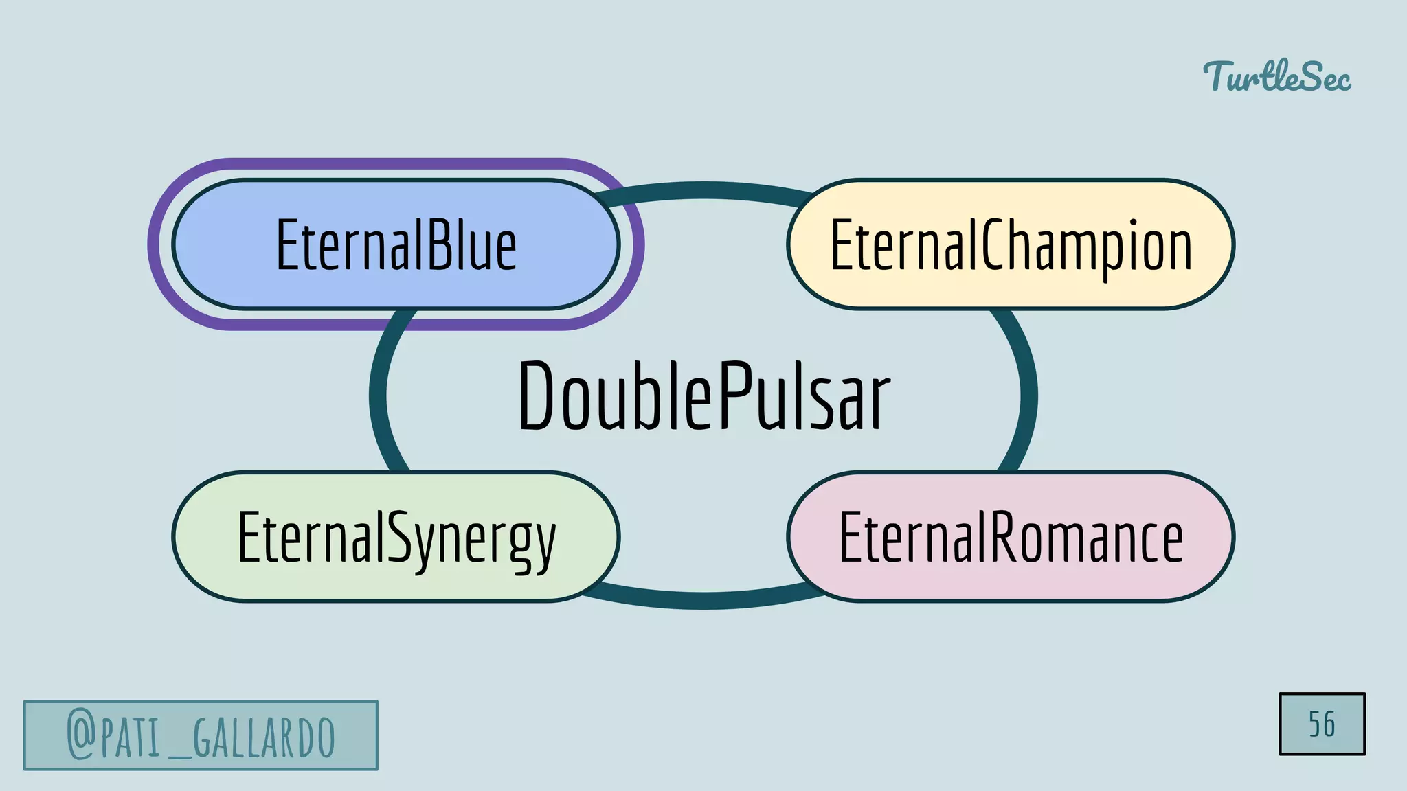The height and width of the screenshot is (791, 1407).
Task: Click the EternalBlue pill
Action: [x=396, y=244]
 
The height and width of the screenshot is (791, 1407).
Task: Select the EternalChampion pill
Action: [x=1011, y=244]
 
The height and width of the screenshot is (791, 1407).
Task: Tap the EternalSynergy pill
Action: [x=396, y=537]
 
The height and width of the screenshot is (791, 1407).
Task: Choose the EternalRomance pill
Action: [x=1011, y=537]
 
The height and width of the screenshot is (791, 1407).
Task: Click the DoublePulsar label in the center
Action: [x=703, y=396]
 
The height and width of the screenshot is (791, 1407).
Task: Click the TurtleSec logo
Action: [x=1276, y=76]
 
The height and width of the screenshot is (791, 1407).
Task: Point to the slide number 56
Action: [x=1322, y=724]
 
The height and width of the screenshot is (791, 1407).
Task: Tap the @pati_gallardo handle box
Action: [x=201, y=735]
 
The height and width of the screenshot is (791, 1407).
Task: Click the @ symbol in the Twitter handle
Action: [x=81, y=735]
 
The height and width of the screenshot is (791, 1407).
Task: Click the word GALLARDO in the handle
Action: [x=264, y=737]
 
